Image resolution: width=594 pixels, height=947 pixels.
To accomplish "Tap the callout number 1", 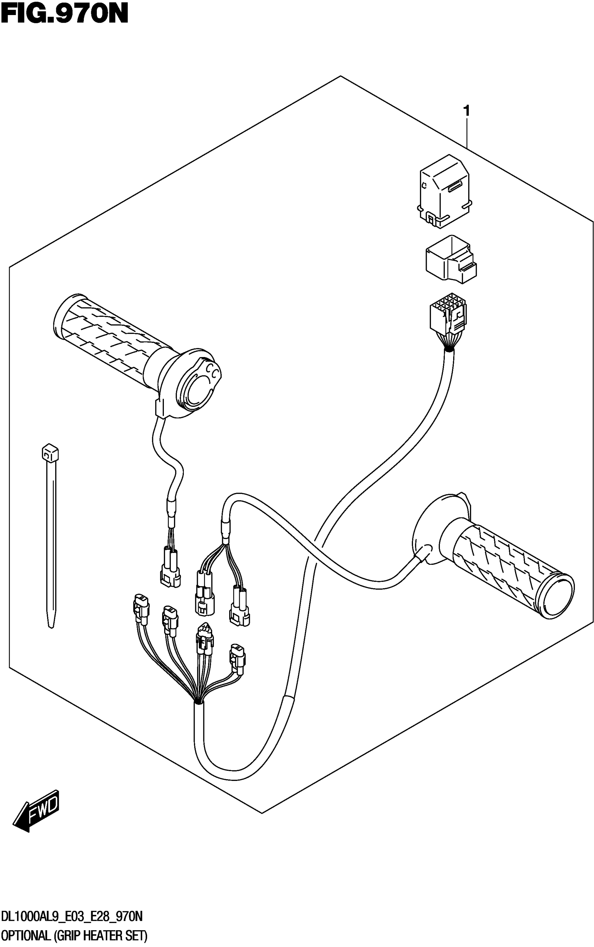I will pos(466,111).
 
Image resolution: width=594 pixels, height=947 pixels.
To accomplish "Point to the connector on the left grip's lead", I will pos(171,570).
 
